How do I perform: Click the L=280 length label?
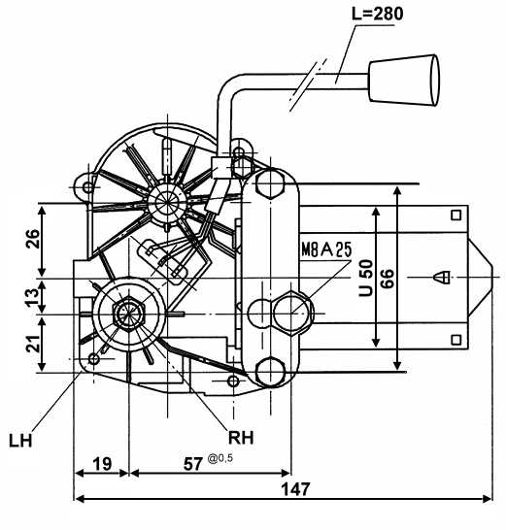378,14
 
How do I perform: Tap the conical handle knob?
404,81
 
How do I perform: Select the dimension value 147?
296,489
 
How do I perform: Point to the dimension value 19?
102,464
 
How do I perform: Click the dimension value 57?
193,464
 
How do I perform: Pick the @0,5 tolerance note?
220,458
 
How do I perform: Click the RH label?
241,438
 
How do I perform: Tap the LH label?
20,441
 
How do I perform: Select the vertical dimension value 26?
33,239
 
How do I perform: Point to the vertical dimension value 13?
33,297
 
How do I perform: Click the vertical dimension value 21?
33,344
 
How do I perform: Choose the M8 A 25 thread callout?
326,249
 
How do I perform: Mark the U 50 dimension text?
365,278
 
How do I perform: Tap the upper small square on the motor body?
456,215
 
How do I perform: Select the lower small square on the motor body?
456,340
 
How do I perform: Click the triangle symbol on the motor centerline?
442,278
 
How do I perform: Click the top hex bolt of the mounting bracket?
270,184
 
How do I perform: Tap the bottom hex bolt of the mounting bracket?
270,372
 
